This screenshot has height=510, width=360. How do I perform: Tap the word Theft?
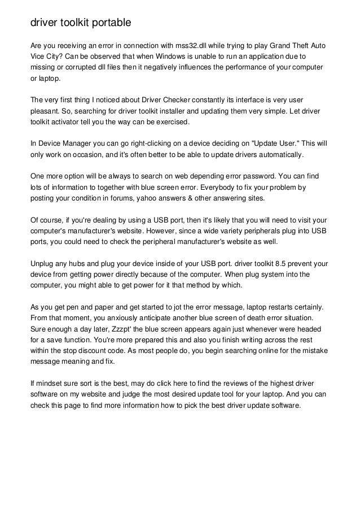coord(295,45)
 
